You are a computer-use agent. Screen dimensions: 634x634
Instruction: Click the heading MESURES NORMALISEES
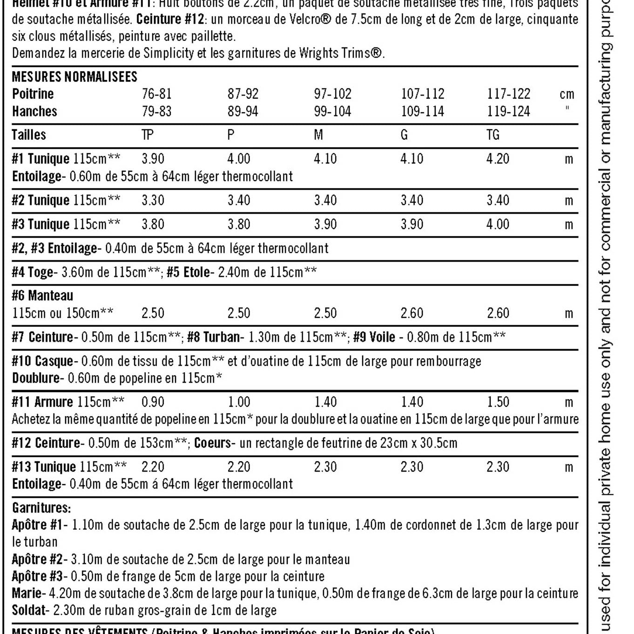[74, 77]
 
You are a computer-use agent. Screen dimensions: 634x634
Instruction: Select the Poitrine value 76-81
[157, 94]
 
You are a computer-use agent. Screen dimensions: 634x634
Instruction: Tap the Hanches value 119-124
[508, 112]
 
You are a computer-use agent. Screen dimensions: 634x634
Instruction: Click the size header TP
[148, 135]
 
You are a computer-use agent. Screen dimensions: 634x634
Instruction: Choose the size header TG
[493, 135]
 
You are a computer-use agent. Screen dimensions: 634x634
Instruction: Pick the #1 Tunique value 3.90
[153, 159]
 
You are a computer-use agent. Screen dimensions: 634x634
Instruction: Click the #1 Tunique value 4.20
[498, 159]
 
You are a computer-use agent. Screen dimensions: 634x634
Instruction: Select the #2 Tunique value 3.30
[153, 201]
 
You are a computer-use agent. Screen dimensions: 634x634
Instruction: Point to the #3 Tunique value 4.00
[498, 224]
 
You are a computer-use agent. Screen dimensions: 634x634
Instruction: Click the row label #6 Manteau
[42, 296]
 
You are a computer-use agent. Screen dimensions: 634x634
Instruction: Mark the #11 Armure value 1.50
[498, 402]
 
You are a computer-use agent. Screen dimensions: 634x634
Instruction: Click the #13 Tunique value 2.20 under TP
[153, 467]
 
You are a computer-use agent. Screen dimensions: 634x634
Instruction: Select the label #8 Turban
[213, 337]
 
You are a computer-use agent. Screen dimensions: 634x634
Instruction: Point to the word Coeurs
[213, 443]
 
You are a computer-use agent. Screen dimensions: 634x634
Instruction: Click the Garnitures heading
[41, 508]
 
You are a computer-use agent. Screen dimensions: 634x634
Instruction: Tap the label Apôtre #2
[37, 559]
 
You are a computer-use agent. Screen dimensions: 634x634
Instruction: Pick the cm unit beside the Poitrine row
[567, 94]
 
